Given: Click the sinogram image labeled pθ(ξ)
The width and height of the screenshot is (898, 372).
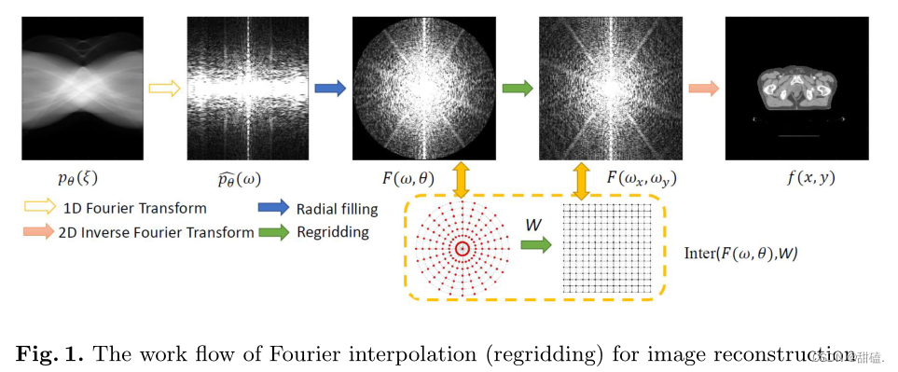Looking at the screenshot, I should click(82, 90).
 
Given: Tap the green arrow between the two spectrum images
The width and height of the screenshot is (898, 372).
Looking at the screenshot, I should click(517, 89).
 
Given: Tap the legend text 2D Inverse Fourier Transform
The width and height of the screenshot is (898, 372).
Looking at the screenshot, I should click(158, 232).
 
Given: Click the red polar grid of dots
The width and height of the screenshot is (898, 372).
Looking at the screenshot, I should click(463, 247).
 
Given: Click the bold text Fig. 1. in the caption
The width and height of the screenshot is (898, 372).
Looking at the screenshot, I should click(49, 354).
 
